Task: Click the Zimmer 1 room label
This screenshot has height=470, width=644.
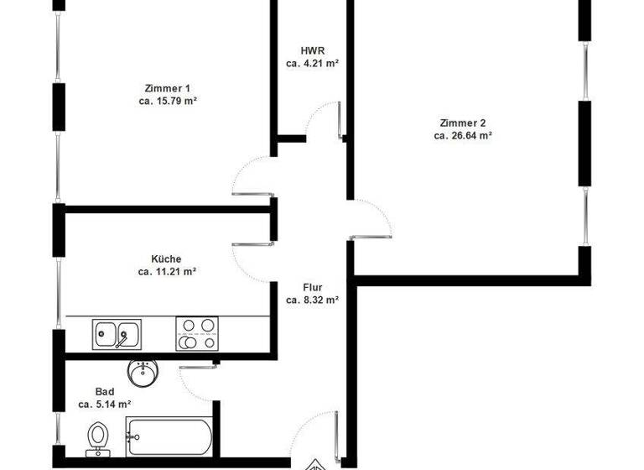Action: click(x=168, y=88)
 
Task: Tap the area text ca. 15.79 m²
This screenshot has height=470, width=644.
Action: click(x=168, y=101)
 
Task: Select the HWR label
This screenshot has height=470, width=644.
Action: click(x=312, y=50)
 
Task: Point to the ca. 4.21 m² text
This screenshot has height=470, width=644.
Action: click(x=312, y=63)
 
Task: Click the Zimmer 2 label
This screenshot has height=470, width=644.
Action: click(x=462, y=122)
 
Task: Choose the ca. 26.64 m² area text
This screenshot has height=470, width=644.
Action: click(x=462, y=134)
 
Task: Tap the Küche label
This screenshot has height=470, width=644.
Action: click(x=166, y=258)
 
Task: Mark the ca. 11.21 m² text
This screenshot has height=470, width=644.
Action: click(x=166, y=271)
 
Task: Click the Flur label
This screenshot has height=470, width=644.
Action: click(x=312, y=287)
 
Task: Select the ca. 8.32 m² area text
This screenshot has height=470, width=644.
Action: click(x=312, y=300)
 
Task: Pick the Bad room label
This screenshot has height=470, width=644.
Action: click(x=105, y=391)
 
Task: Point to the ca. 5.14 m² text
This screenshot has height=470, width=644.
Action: click(x=105, y=404)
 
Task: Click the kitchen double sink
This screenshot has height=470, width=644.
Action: click(x=117, y=335)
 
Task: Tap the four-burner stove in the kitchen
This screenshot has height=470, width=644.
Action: click(x=197, y=333)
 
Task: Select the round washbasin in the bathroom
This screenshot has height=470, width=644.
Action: click(x=143, y=371)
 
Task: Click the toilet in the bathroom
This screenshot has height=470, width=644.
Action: click(x=98, y=438)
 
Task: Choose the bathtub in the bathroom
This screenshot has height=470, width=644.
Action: click(x=169, y=437)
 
